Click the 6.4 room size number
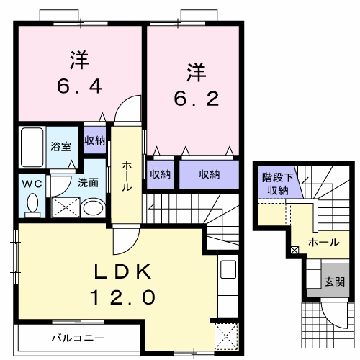(79, 86)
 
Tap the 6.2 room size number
(197, 99)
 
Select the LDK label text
(123, 271)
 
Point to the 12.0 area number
(123, 297)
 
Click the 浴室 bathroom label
(61, 146)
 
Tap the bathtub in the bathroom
(32, 147)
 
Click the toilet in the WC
(32, 204)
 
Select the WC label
(32, 184)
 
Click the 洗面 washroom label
(88, 183)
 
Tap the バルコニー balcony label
(78, 338)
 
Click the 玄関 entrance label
(335, 282)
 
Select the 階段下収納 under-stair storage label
(278, 184)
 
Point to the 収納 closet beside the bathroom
(94, 140)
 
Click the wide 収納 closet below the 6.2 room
(210, 174)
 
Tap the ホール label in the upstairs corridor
(127, 176)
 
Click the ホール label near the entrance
(324, 243)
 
